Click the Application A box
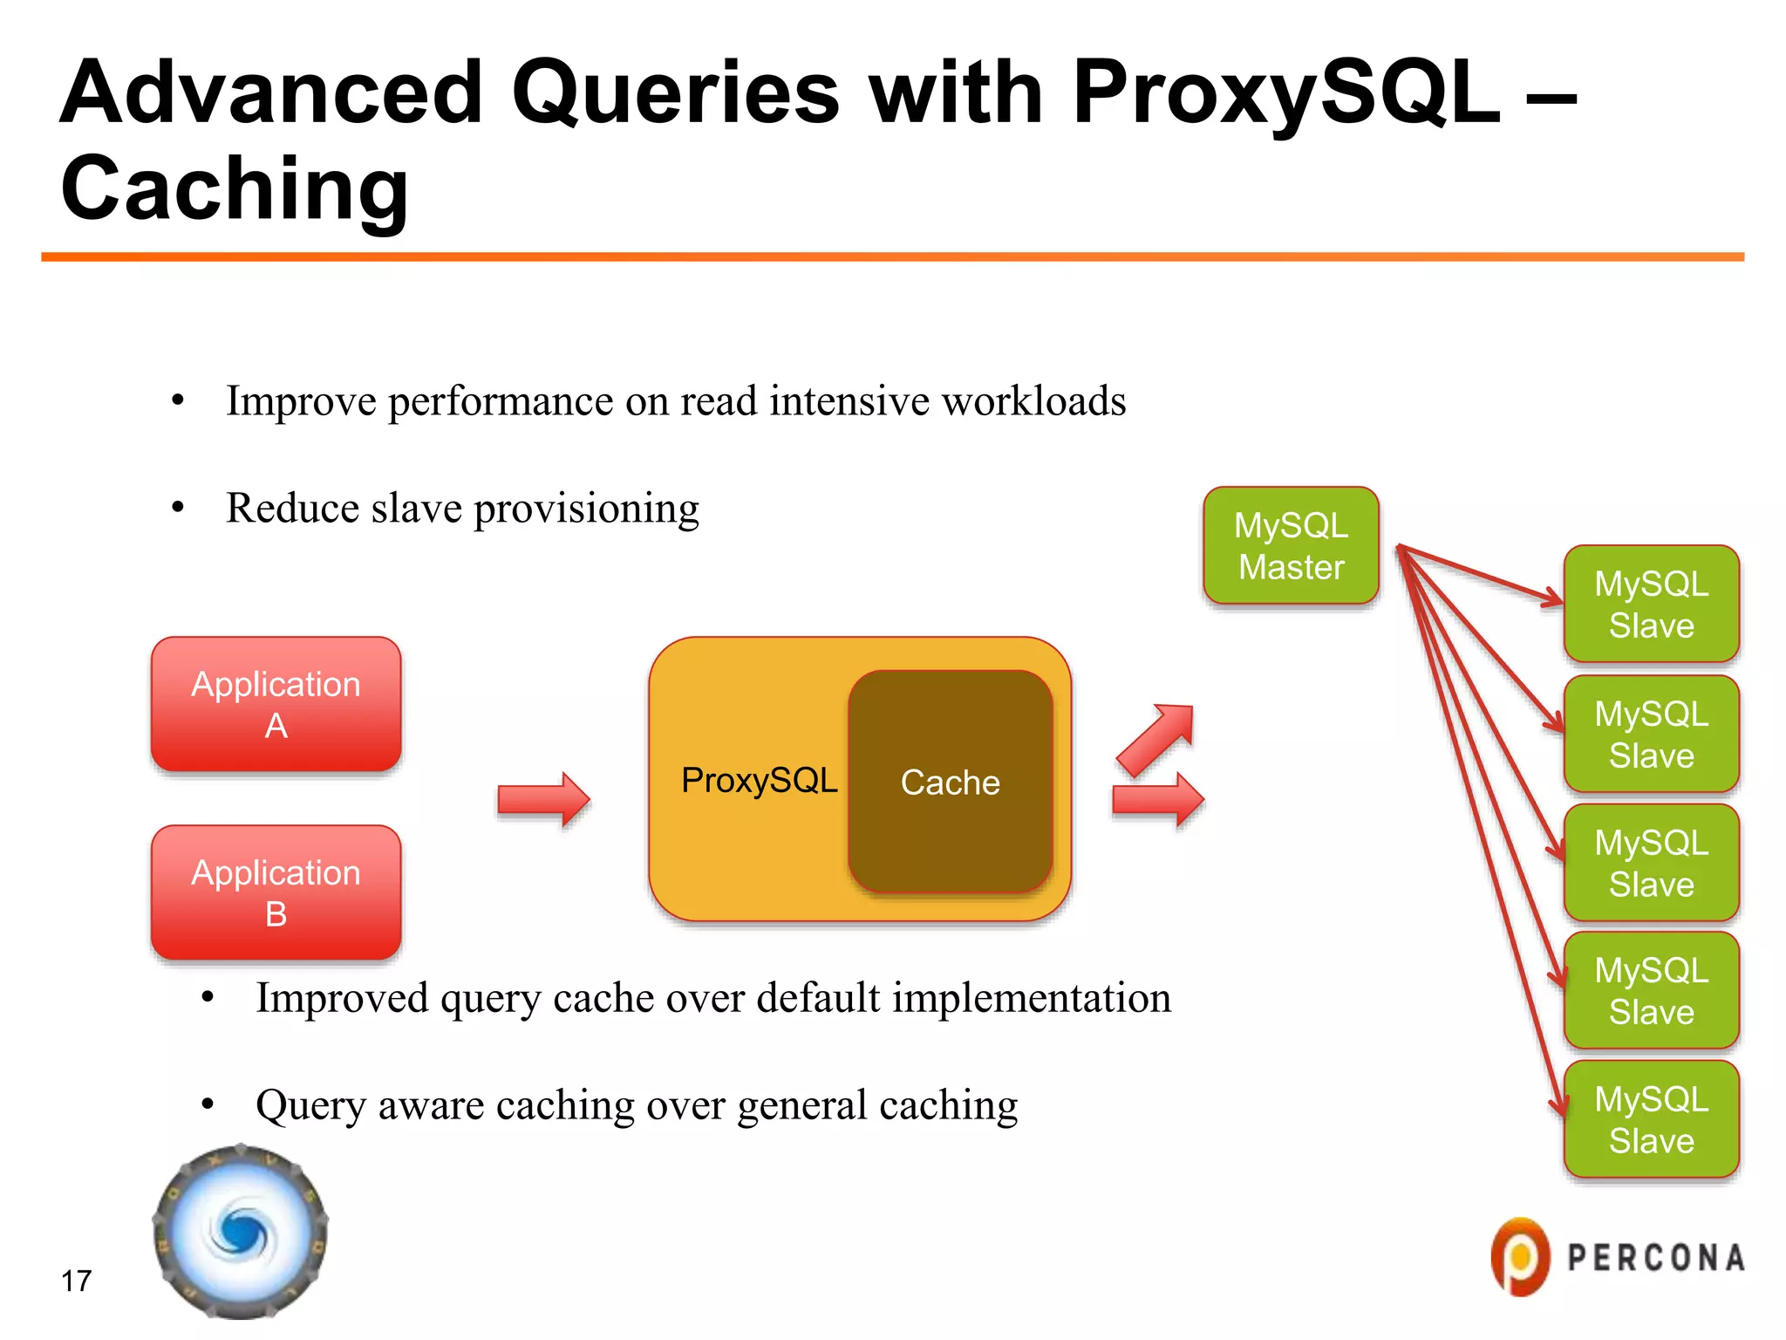point(276,704)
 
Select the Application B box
point(276,892)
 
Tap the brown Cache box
point(950,782)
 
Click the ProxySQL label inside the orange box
point(759,780)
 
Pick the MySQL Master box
point(1291,546)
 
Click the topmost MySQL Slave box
point(1651,604)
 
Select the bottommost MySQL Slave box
point(1651,1119)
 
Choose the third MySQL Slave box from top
point(1651,863)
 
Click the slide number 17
point(77,1281)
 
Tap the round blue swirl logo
point(241,1232)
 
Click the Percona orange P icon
point(1519,1256)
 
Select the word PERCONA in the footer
point(1656,1257)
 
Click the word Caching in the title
point(234,188)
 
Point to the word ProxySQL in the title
point(1285,92)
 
